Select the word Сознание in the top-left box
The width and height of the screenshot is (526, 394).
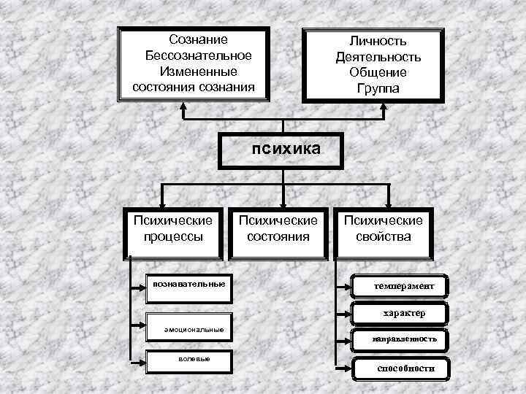[198, 39]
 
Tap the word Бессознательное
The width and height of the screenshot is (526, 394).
[198, 55]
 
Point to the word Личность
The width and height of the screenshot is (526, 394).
[378, 41]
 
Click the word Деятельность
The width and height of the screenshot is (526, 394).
[378, 57]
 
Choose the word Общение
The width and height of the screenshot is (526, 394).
[378, 73]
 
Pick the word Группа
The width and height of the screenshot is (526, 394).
[378, 89]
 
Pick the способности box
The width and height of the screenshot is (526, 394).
[405, 368]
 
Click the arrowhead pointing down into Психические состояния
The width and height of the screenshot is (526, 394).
[282, 204]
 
